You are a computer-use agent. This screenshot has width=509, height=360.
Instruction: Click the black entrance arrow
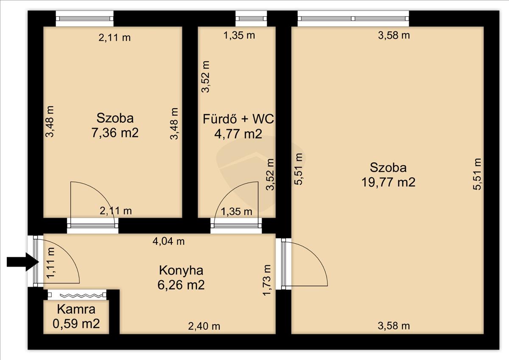point(22,262)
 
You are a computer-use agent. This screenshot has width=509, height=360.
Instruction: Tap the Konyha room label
point(181,270)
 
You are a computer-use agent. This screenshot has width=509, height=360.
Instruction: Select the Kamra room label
point(76,309)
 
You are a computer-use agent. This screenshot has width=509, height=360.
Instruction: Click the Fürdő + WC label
point(238,119)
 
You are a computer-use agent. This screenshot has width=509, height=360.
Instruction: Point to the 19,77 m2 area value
point(389,182)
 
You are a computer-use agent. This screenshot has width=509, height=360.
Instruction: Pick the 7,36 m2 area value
point(115,133)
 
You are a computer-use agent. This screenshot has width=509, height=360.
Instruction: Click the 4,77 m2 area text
point(238,134)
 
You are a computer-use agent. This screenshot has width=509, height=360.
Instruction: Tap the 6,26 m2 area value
point(181,285)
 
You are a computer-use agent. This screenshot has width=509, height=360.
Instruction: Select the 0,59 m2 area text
point(76,323)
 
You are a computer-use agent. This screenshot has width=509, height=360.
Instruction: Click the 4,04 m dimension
point(169,241)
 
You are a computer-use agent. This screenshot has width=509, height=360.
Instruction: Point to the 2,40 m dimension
point(204,326)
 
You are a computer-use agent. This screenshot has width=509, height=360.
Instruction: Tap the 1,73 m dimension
point(267,280)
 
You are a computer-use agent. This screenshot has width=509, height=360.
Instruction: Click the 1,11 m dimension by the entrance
point(50,262)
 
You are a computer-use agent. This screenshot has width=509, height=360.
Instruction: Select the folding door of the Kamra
point(77,295)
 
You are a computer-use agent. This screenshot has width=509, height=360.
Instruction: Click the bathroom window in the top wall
point(251,18)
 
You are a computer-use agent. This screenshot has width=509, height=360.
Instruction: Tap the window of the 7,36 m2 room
point(85,18)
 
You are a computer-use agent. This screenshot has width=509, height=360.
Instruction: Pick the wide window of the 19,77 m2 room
point(353,18)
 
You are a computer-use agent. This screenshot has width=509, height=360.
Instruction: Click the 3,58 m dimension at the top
point(394,36)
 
